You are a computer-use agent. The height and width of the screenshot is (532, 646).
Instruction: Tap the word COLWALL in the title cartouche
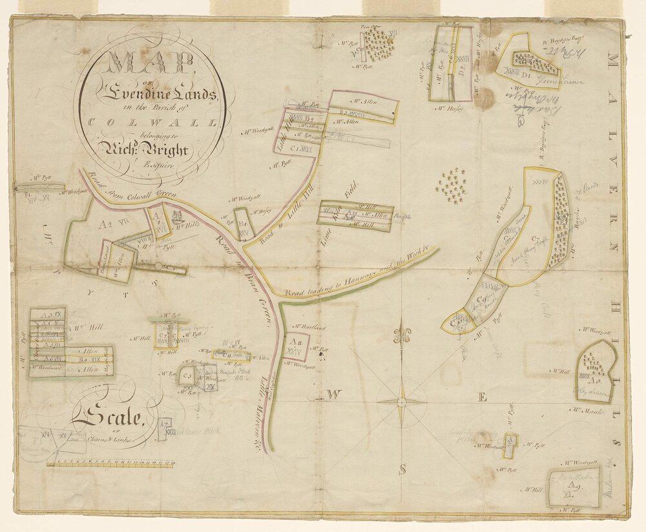tap(150, 122)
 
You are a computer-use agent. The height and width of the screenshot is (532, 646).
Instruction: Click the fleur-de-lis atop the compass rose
tap(401, 335)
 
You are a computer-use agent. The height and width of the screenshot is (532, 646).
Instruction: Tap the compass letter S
tap(402, 470)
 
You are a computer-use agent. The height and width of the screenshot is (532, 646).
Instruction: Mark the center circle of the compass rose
tap(401, 402)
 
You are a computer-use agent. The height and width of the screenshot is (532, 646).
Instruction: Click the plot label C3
tap(187, 374)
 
